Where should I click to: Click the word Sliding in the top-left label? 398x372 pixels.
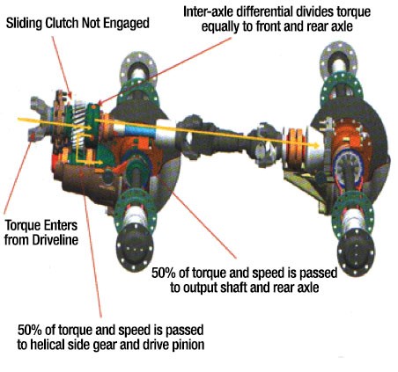point(25,23)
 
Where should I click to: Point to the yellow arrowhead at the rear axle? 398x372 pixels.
point(315,145)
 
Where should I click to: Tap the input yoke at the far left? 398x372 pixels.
point(40,119)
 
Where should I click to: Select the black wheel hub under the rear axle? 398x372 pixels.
point(356,252)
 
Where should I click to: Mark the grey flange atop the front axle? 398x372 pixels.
point(138,69)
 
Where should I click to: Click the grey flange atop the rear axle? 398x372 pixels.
point(338,60)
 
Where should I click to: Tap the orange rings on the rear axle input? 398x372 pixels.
point(296,147)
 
